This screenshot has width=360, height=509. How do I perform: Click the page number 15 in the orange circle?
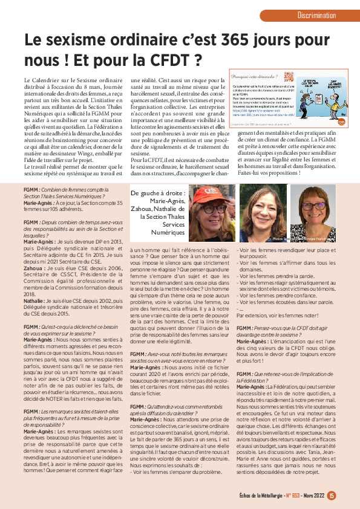click(332, 496)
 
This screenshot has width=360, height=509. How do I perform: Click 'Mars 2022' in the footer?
click(311, 496)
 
